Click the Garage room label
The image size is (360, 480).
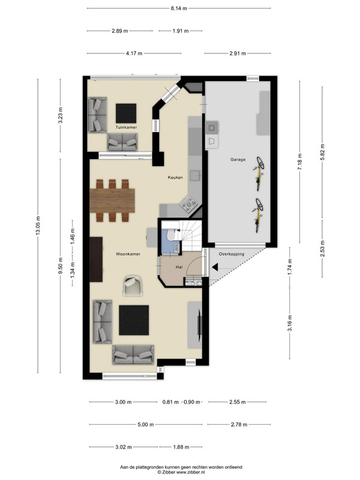click(238, 160)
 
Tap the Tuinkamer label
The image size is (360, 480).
click(126, 127)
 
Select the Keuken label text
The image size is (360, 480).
click(175, 177)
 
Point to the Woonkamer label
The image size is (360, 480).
click(128, 254)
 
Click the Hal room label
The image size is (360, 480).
click(179, 267)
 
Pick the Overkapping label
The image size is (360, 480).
click(232, 254)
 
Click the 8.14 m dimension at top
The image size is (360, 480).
click(179, 8)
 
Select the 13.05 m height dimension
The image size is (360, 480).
click(38, 226)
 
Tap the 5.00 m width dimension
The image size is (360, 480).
click(146, 425)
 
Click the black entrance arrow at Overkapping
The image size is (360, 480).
click(215, 267)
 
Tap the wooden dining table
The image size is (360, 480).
click(112, 200)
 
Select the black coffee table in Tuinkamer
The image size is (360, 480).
click(126, 113)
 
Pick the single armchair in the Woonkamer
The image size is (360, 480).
click(133, 286)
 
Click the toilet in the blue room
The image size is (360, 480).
click(170, 235)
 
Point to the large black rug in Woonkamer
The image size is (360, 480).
click(134, 320)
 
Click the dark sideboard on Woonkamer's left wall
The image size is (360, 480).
click(96, 259)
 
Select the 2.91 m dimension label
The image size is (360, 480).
click(238, 53)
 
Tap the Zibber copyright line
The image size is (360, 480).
click(181, 472)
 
